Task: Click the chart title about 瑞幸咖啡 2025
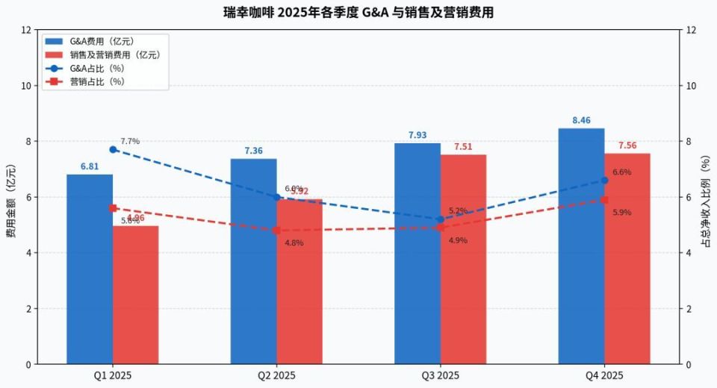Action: point(358,13)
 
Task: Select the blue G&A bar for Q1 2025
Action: point(90,269)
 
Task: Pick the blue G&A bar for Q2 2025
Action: point(254,261)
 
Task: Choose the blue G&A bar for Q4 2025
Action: point(581,246)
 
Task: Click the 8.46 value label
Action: point(581,120)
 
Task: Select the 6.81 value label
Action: point(90,166)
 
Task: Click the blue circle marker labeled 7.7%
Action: point(113,149)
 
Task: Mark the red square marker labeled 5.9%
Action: point(604,200)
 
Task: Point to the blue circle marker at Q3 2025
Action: point(441,219)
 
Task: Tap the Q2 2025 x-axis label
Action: point(277,375)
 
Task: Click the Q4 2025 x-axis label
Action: point(604,375)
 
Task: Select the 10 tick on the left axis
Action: point(26,86)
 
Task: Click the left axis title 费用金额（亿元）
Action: point(10,197)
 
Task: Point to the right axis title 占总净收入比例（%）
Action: point(705,197)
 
